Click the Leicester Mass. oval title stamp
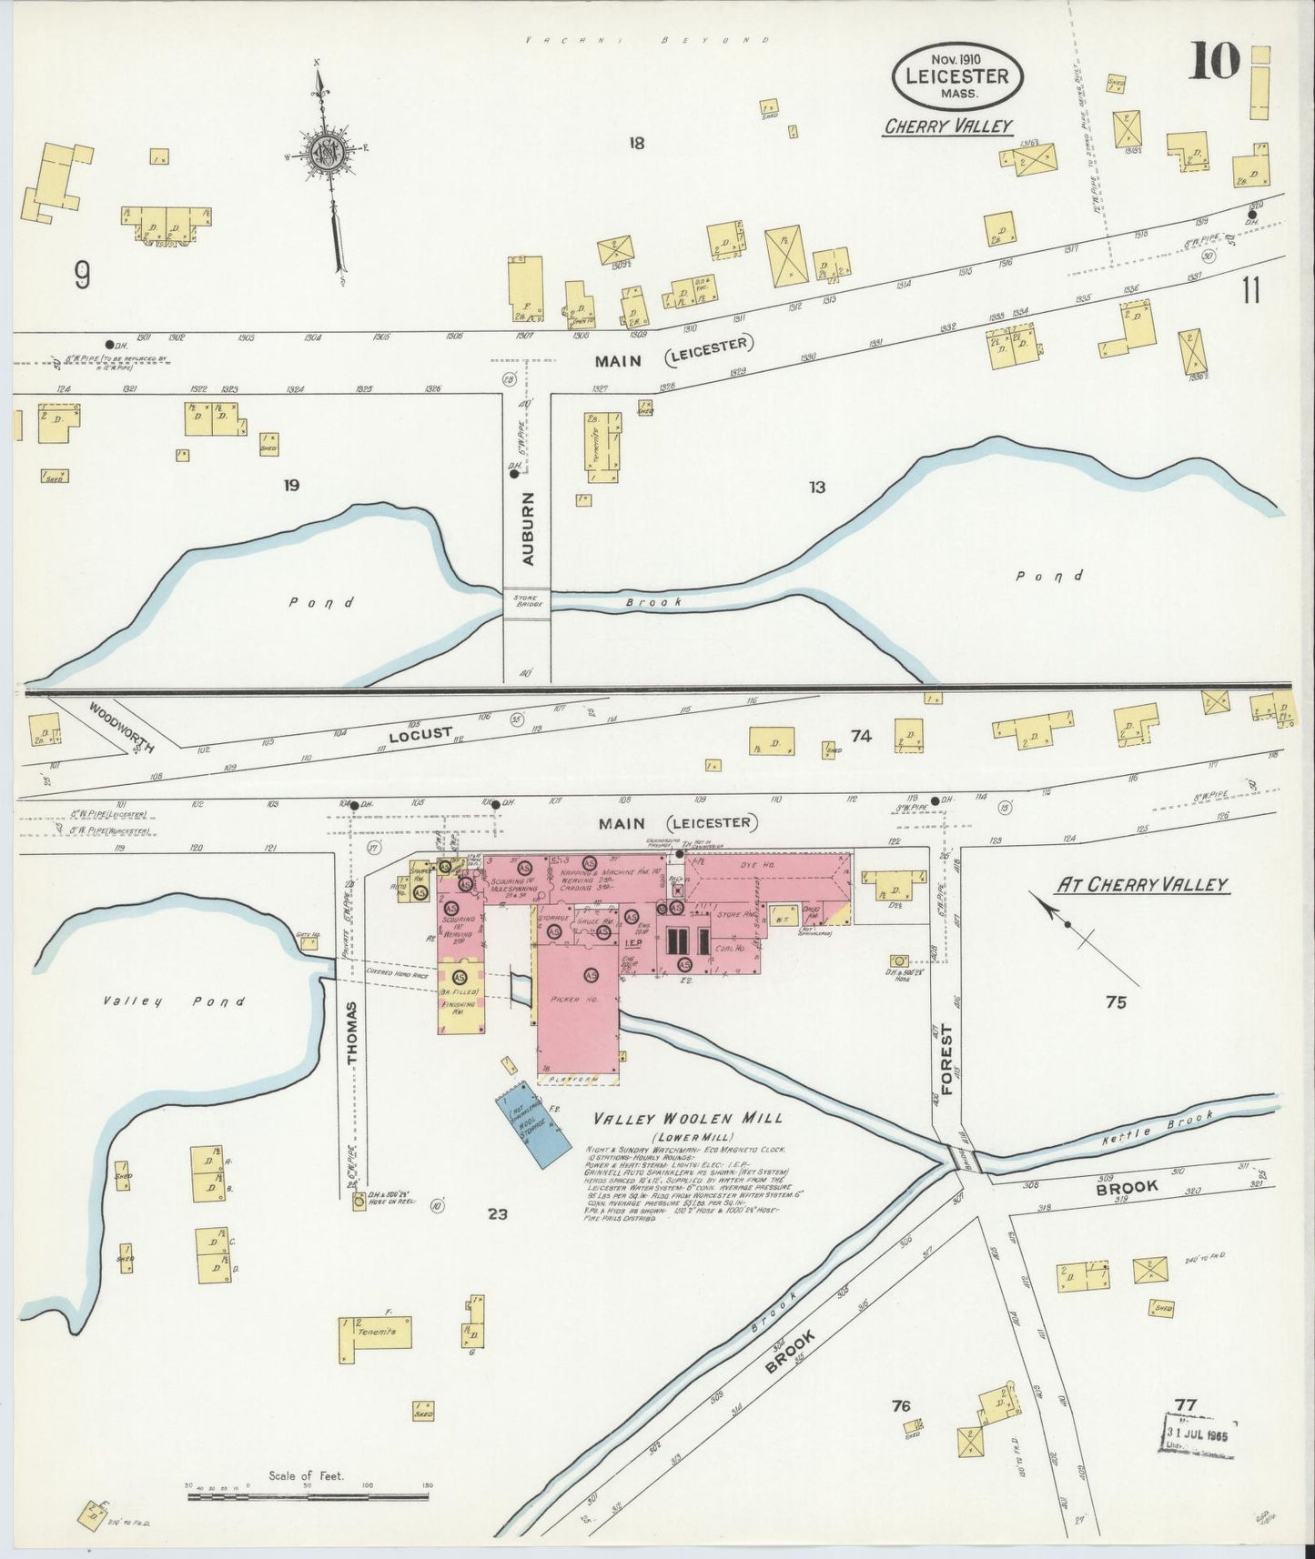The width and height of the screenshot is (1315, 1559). [957, 75]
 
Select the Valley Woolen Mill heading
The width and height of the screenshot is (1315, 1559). [687, 1119]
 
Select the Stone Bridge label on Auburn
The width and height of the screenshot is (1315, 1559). [527, 601]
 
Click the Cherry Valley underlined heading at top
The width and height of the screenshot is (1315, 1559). [947, 126]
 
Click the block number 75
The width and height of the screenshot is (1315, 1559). [1116, 1001]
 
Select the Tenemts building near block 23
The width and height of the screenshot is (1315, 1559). [376, 1333]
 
